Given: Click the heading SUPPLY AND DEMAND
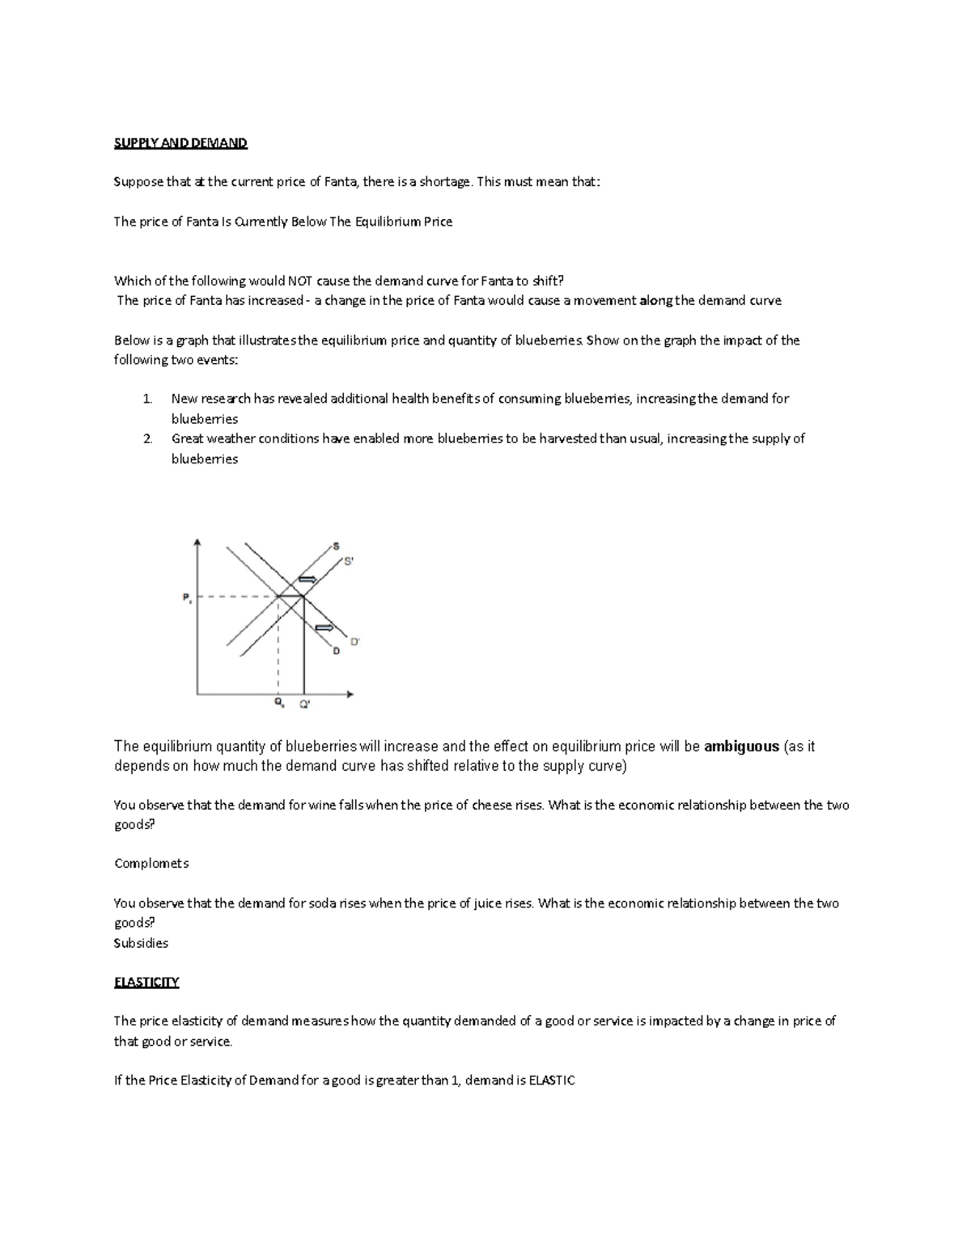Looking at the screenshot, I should [x=180, y=143].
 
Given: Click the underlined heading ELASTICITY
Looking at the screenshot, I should [x=146, y=982].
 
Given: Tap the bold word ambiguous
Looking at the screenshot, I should [x=741, y=746].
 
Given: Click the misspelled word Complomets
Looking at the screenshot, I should [x=151, y=863].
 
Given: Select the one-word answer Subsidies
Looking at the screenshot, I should [x=141, y=943].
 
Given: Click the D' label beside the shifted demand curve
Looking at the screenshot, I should [x=354, y=641].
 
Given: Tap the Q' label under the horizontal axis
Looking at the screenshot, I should [x=304, y=704].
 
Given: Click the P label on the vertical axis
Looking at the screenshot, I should [x=186, y=598].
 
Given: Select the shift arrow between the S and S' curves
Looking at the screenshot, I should [x=308, y=579].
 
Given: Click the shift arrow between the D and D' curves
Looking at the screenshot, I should [x=324, y=628].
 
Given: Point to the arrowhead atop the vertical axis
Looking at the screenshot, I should [x=197, y=543].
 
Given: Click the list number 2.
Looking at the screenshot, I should [x=147, y=438].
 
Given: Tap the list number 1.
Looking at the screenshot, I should [x=147, y=399].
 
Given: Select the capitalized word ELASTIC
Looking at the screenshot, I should [x=551, y=1080].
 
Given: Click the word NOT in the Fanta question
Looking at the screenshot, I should [x=299, y=281].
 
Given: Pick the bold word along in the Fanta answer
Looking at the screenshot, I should [x=655, y=301].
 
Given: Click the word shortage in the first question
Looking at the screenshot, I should [x=444, y=182].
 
